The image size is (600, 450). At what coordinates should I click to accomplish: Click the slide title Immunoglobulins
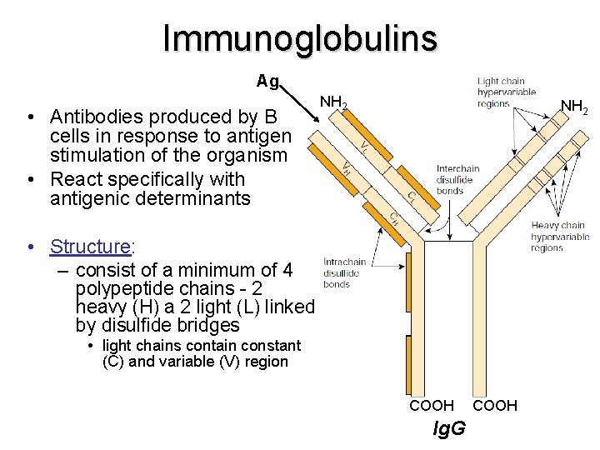[300, 37]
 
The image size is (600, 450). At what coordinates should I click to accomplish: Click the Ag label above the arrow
[267, 82]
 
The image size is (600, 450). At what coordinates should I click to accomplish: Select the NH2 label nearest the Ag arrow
[334, 103]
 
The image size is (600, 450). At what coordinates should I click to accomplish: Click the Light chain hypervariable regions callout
[506, 92]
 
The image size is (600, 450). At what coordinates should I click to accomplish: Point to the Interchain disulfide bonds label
[459, 180]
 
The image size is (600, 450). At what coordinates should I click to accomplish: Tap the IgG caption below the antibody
[450, 429]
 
